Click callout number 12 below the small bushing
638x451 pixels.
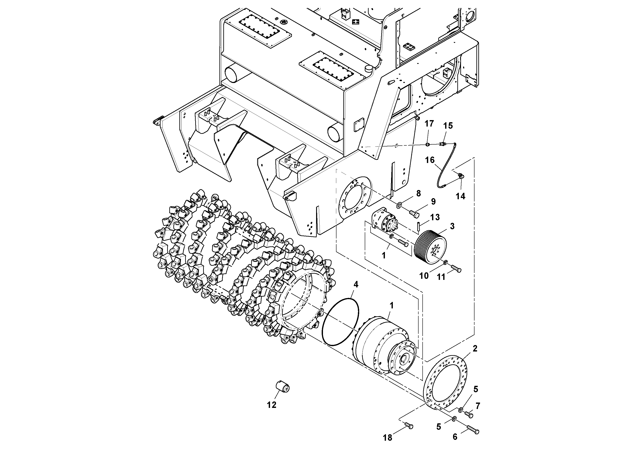click(272, 405)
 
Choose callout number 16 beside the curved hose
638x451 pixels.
click(430, 160)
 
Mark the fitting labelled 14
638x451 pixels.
click(460, 175)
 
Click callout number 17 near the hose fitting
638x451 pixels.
click(429, 124)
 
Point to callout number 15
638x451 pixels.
click(448, 126)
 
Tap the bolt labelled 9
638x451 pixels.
click(414, 214)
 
